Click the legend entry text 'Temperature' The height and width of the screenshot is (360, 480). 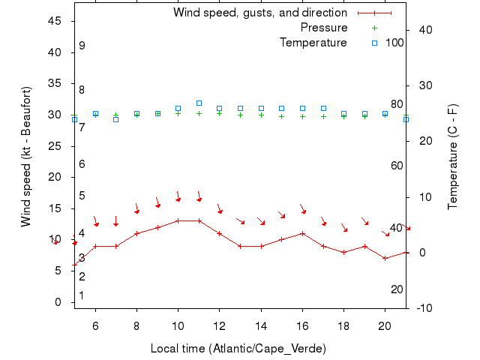click(x=313, y=43)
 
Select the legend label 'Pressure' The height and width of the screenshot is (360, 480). click(x=323, y=28)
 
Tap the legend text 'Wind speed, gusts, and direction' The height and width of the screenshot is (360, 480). click(x=259, y=13)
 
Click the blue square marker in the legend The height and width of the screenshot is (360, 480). click(x=374, y=43)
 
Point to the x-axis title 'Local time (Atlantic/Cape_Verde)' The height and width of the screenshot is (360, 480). click(x=238, y=349)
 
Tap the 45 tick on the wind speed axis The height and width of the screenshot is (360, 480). click(x=54, y=21)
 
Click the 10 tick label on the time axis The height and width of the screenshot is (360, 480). click(x=178, y=325)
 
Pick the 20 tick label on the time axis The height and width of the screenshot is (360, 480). click(x=385, y=325)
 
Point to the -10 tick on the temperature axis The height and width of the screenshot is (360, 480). click(x=424, y=308)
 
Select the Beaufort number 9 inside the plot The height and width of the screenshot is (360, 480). click(x=82, y=46)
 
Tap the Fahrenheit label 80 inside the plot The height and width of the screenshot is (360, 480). click(x=397, y=104)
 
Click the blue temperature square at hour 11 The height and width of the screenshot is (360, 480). click(x=199, y=103)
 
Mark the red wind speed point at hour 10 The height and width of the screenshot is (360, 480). click(x=178, y=220)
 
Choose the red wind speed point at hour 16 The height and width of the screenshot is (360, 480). click(x=302, y=233)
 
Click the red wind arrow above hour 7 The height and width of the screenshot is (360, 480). click(x=116, y=221)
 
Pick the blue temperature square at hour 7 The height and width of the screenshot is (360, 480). click(x=116, y=119)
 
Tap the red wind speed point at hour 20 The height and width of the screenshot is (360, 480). click(x=385, y=258)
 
